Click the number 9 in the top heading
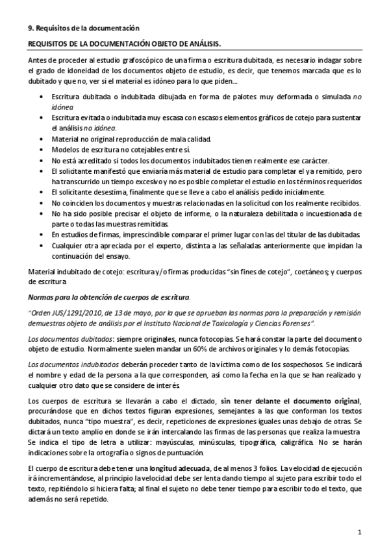[29, 27]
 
